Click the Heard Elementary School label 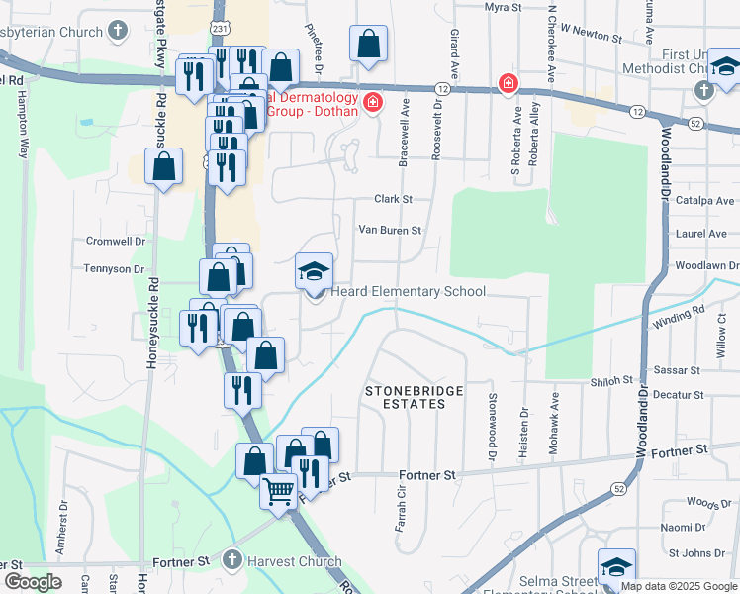[408, 291]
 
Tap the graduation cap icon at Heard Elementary [315, 271]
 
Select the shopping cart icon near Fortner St [279, 490]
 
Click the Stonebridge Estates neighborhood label [414, 398]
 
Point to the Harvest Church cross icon [232, 560]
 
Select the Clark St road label [393, 199]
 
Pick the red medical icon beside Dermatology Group [372, 103]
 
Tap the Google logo [33, 582]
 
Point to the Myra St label [503, 7]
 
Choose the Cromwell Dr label [115, 241]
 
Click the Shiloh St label [612, 380]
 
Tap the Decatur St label [678, 394]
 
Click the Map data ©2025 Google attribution [680, 586]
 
